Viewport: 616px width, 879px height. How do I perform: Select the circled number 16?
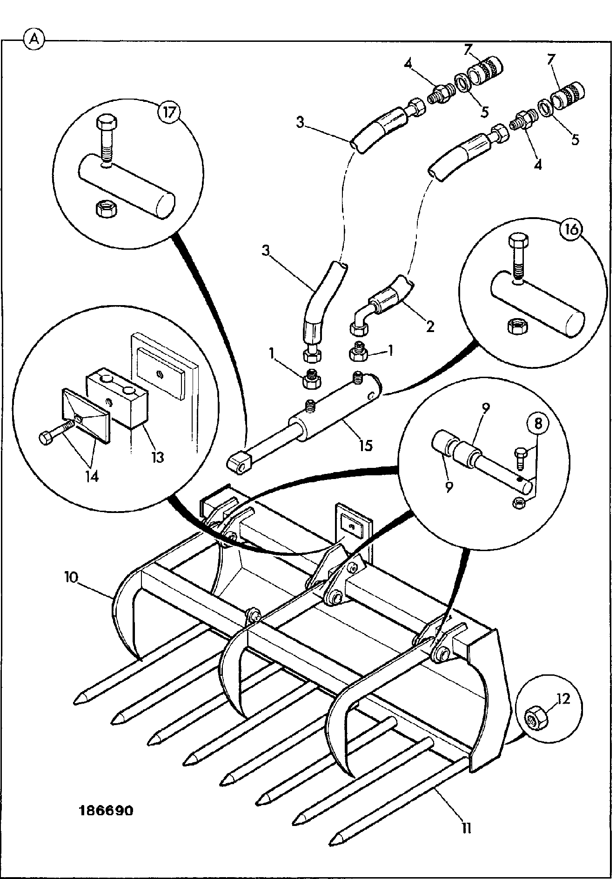pyautogui.click(x=573, y=229)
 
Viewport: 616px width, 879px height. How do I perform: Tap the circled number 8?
pyautogui.click(x=537, y=424)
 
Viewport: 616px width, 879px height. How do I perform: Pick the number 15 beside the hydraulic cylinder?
pyautogui.click(x=366, y=445)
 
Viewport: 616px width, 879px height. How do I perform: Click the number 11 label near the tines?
pyautogui.click(x=467, y=828)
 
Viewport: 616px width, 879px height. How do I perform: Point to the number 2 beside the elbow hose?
pyautogui.click(x=430, y=326)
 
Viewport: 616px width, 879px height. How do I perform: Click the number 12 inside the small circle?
pyautogui.click(x=563, y=699)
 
